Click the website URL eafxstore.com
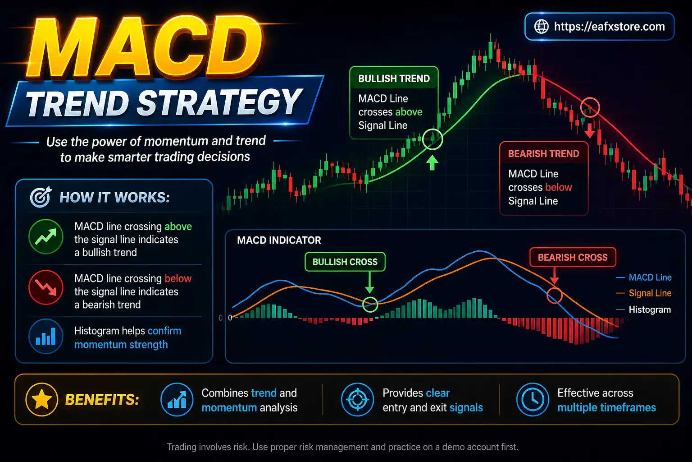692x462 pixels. pyautogui.click(x=609, y=27)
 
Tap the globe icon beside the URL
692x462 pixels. pyautogui.click(x=541, y=27)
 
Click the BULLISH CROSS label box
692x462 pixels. pyautogui.click(x=345, y=262)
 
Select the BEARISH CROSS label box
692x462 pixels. pyautogui.click(x=573, y=257)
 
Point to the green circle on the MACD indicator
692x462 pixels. pyautogui.click(x=370, y=305)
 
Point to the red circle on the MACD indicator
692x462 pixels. pyautogui.click(x=555, y=296)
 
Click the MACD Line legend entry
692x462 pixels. pyautogui.click(x=650, y=277)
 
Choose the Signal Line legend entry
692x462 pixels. pyautogui.click(x=650, y=293)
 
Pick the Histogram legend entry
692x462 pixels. pyautogui.click(x=650, y=310)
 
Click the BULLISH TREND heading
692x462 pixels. pyautogui.click(x=394, y=79)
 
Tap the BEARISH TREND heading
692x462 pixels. pyautogui.click(x=543, y=154)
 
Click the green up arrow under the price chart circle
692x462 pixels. pyautogui.click(x=432, y=162)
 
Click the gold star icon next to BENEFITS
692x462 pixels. pyautogui.click(x=42, y=399)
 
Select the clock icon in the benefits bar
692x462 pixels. pyautogui.click(x=533, y=399)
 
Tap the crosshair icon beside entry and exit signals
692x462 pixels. pyautogui.click(x=357, y=399)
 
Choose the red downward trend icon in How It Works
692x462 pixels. pyautogui.click(x=46, y=287)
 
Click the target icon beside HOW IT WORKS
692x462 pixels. pyautogui.click(x=41, y=197)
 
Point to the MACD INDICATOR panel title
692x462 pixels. pyautogui.click(x=279, y=240)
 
